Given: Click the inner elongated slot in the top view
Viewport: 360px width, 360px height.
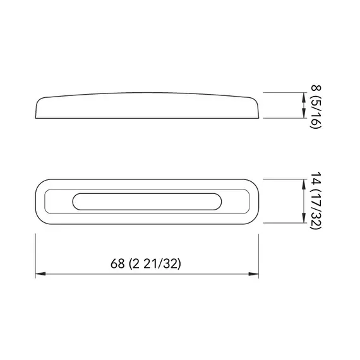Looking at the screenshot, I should click(147, 202).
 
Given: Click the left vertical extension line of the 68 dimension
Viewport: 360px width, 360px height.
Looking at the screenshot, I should click(35, 253).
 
